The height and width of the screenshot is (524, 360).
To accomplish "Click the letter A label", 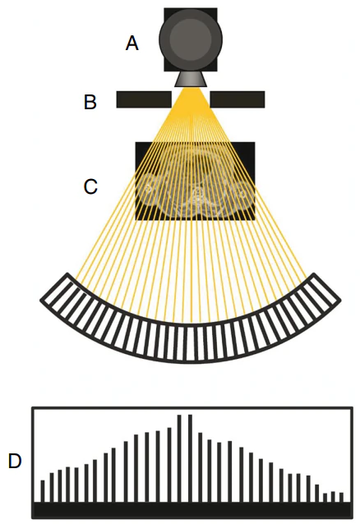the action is click(132, 44).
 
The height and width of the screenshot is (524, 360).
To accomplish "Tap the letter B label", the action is click(90, 102).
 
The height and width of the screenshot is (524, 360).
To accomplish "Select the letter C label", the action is click(90, 186).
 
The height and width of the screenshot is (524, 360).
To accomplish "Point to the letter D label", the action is click(15, 462).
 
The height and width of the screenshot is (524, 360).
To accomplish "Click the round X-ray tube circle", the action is click(191, 39).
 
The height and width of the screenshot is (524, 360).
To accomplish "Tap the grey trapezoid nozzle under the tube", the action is click(191, 80).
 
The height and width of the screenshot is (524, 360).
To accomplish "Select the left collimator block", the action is click(144, 99).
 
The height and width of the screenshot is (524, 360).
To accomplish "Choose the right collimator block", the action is click(238, 99).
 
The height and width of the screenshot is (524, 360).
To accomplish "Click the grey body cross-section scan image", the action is click(195, 181).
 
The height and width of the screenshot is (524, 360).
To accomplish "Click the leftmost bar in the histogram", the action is click(43, 491).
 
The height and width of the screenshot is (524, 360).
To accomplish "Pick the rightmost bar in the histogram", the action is click(341, 497).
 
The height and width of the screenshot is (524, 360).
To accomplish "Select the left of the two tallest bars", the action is click(179, 458).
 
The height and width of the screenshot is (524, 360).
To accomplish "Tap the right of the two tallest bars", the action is click(190, 458).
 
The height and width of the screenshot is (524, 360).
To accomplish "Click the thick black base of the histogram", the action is click(192, 510).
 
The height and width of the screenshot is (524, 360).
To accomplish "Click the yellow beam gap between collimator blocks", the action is click(191, 99).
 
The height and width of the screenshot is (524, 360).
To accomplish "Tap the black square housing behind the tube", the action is click(191, 39).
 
